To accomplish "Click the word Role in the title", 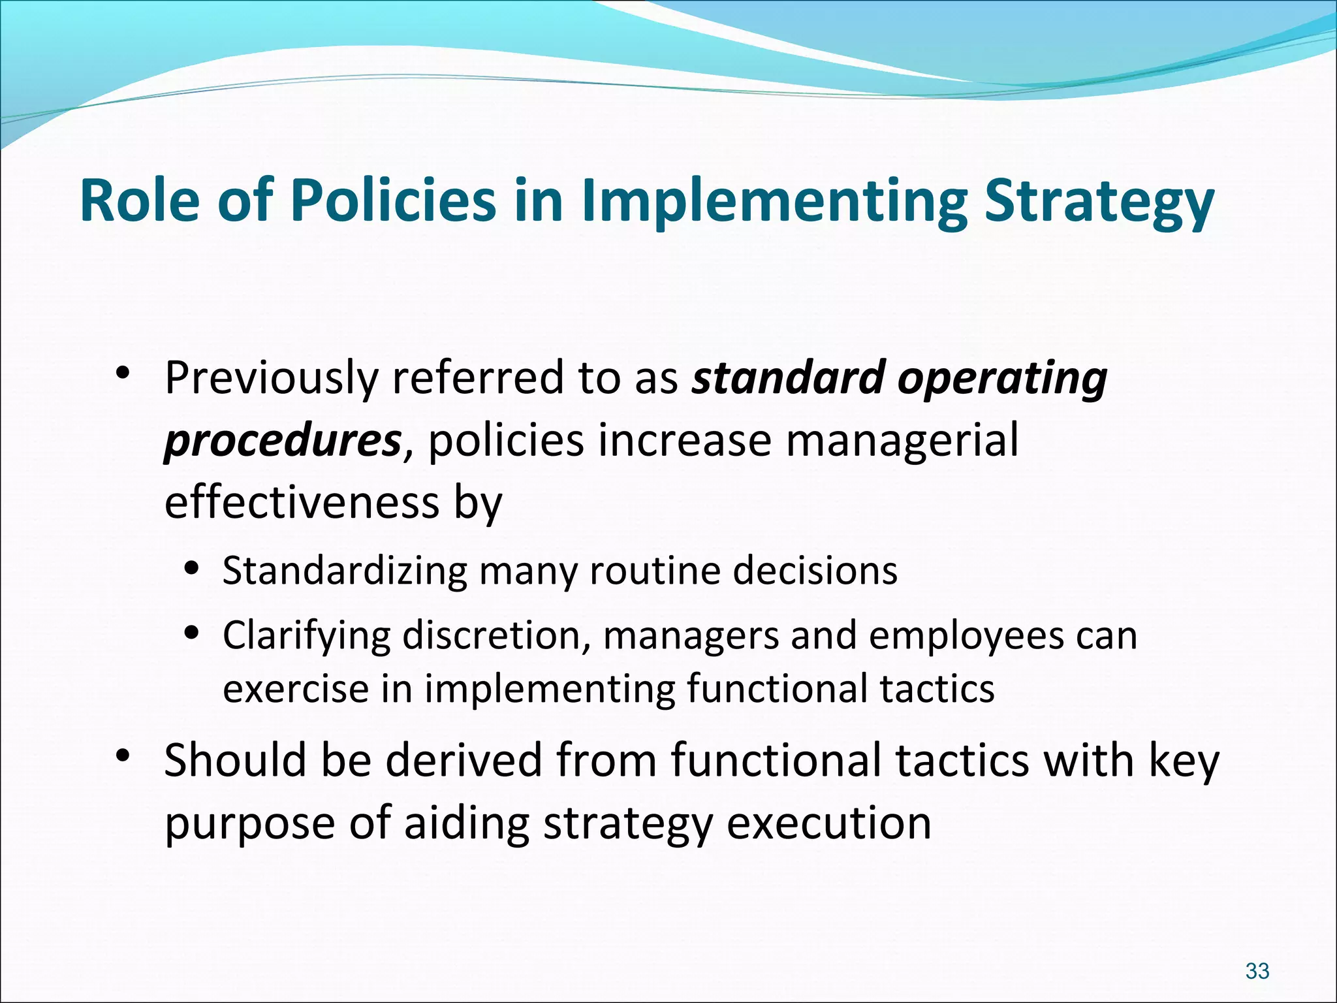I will coord(139,200).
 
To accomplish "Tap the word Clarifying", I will coord(306,635).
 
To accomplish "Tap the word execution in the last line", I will coord(828,823).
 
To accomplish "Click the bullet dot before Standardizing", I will coord(191,567).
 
